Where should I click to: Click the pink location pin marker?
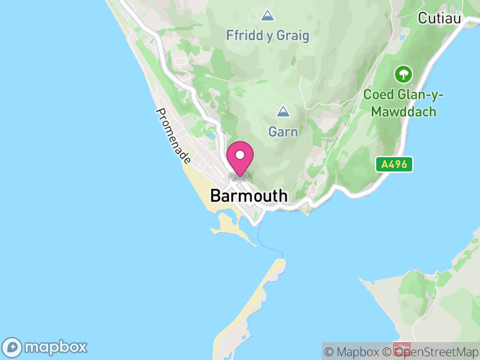[240, 159]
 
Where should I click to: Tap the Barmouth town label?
[249, 196]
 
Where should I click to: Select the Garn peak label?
[283, 131]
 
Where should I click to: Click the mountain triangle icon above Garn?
[283, 112]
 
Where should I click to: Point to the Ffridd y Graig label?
[268, 36]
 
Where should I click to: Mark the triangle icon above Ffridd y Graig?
[268, 15]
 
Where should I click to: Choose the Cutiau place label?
[440, 19]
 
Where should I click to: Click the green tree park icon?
[403, 74]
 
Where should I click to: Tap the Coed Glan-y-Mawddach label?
[400, 103]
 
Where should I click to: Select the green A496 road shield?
[395, 164]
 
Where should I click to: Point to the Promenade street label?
[173, 137]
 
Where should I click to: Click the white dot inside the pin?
[240, 155]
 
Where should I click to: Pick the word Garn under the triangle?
[283, 132]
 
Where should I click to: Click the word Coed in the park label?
[378, 95]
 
